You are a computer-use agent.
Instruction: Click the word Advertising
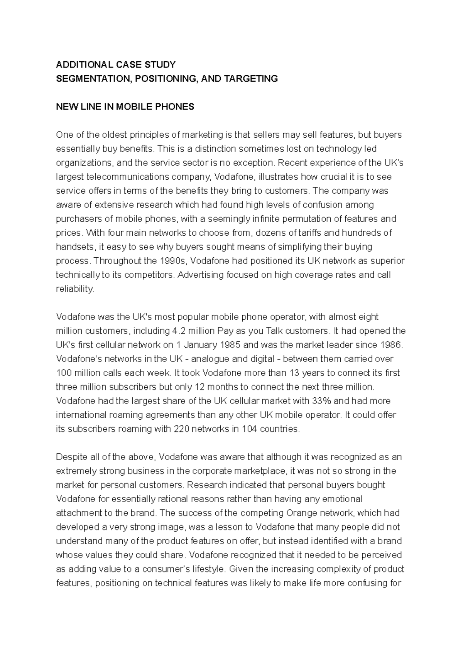[x=201, y=275]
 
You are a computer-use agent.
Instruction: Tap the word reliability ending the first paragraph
[x=75, y=289]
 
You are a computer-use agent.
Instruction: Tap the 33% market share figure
[x=321, y=401]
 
